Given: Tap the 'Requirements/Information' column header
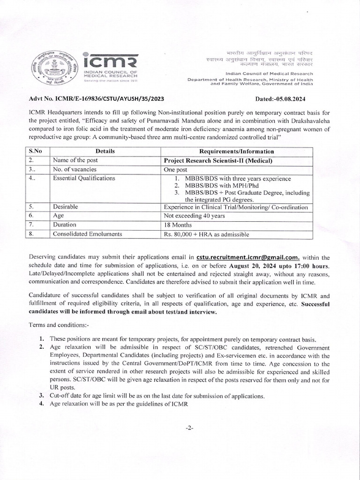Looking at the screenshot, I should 237,151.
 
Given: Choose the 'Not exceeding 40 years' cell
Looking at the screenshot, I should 194,216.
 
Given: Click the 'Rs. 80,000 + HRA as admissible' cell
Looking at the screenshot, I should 206,234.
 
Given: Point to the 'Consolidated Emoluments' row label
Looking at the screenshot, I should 88,233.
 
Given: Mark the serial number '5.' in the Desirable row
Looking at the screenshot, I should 31,206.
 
